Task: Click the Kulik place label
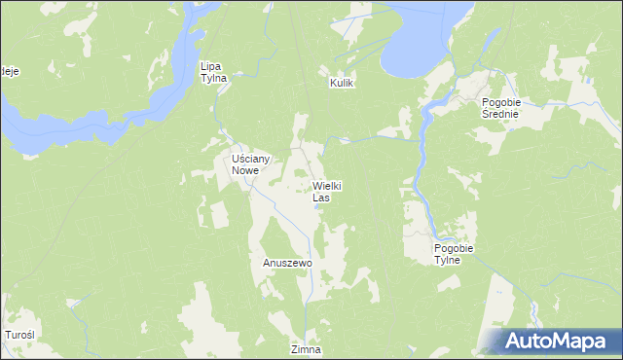[x=340, y=85]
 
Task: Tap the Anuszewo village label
[x=286, y=263]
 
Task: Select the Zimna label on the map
[x=305, y=349]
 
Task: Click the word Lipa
[x=212, y=66]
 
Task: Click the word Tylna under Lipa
[x=213, y=78]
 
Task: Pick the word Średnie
[x=503, y=114]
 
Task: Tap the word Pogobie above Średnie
[x=504, y=102]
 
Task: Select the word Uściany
[x=250, y=159]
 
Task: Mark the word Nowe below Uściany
[x=245, y=170]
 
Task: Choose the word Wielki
[x=327, y=185]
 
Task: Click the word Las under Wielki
[x=321, y=198]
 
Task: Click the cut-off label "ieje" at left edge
[x=9, y=71]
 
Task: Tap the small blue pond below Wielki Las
[x=317, y=205]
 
